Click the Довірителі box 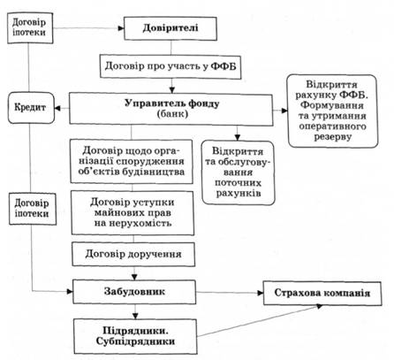(170, 28)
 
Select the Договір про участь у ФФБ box (170, 66)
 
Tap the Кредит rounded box (31, 108)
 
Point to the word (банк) (172, 114)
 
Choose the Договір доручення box (133, 254)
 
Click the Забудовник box (134, 292)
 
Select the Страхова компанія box (322, 293)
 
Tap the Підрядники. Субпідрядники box (135, 336)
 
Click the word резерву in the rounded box (333, 137)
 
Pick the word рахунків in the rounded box (239, 194)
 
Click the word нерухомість (133, 223)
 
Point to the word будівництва (155, 172)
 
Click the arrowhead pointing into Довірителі (121, 28)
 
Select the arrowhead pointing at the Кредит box (58, 109)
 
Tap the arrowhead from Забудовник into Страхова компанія (260, 293)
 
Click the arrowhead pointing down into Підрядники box (135, 316)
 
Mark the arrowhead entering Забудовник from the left (70, 292)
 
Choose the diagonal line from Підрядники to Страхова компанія (260, 321)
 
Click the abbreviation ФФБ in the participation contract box (224, 66)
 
